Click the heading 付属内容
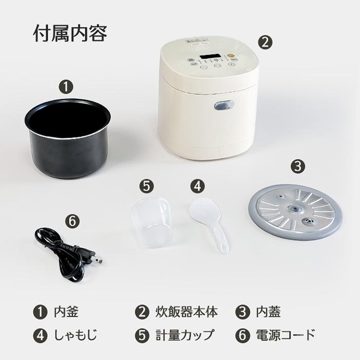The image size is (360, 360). pos(70,34)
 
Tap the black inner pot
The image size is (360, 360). pos(67,139)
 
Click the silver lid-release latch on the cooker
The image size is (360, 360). pos(224,105)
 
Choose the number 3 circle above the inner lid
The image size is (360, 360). pos(298,167)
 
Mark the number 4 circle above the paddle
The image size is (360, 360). pos(196,185)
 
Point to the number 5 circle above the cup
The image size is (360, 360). pos(147,185)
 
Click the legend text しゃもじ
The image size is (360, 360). pos(75,335)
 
